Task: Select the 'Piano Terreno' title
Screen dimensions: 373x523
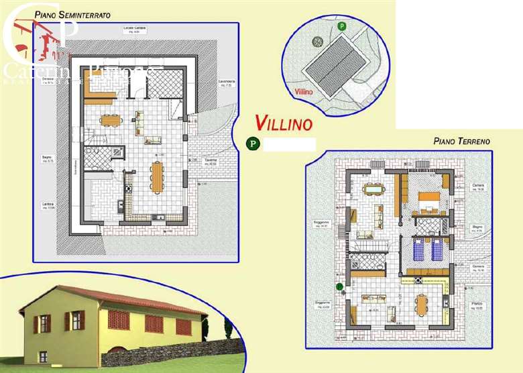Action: [x=461, y=142]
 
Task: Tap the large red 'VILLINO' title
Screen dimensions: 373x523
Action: [x=284, y=123]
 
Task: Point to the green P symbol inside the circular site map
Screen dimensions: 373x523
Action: [x=342, y=27]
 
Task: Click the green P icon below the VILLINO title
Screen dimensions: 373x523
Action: [x=253, y=144]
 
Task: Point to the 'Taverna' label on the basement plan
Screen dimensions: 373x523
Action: [x=211, y=161]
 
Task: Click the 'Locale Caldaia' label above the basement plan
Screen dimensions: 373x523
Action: [x=134, y=28]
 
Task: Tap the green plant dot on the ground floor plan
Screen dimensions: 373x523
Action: [x=340, y=286]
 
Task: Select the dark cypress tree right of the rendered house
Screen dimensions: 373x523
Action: [x=228, y=329]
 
